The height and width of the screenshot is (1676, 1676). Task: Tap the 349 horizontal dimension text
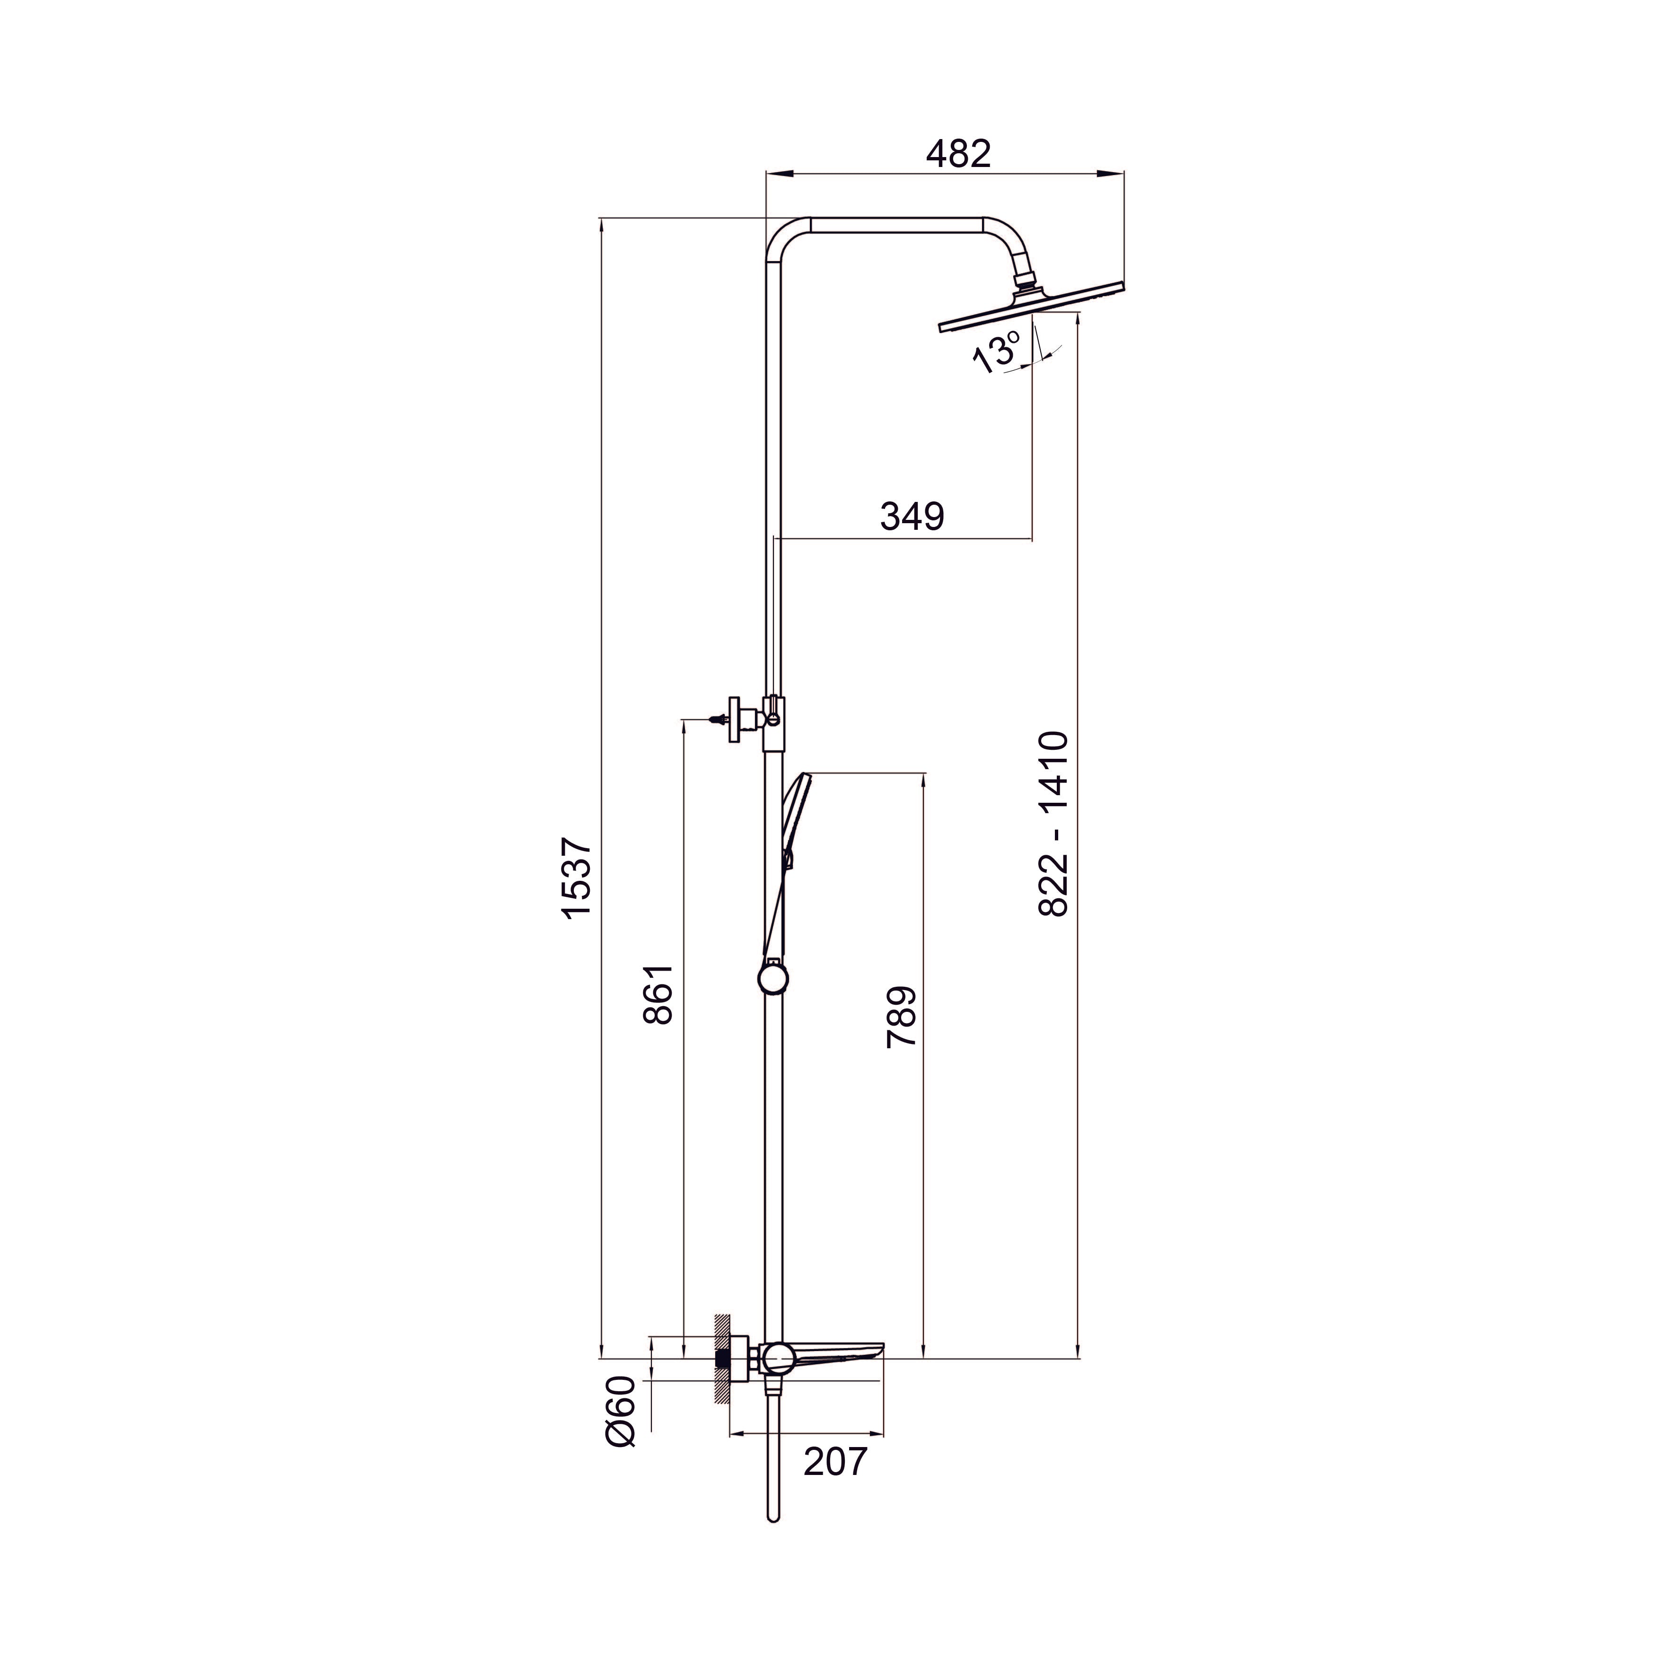(911, 516)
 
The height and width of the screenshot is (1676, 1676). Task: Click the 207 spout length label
(834, 1462)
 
